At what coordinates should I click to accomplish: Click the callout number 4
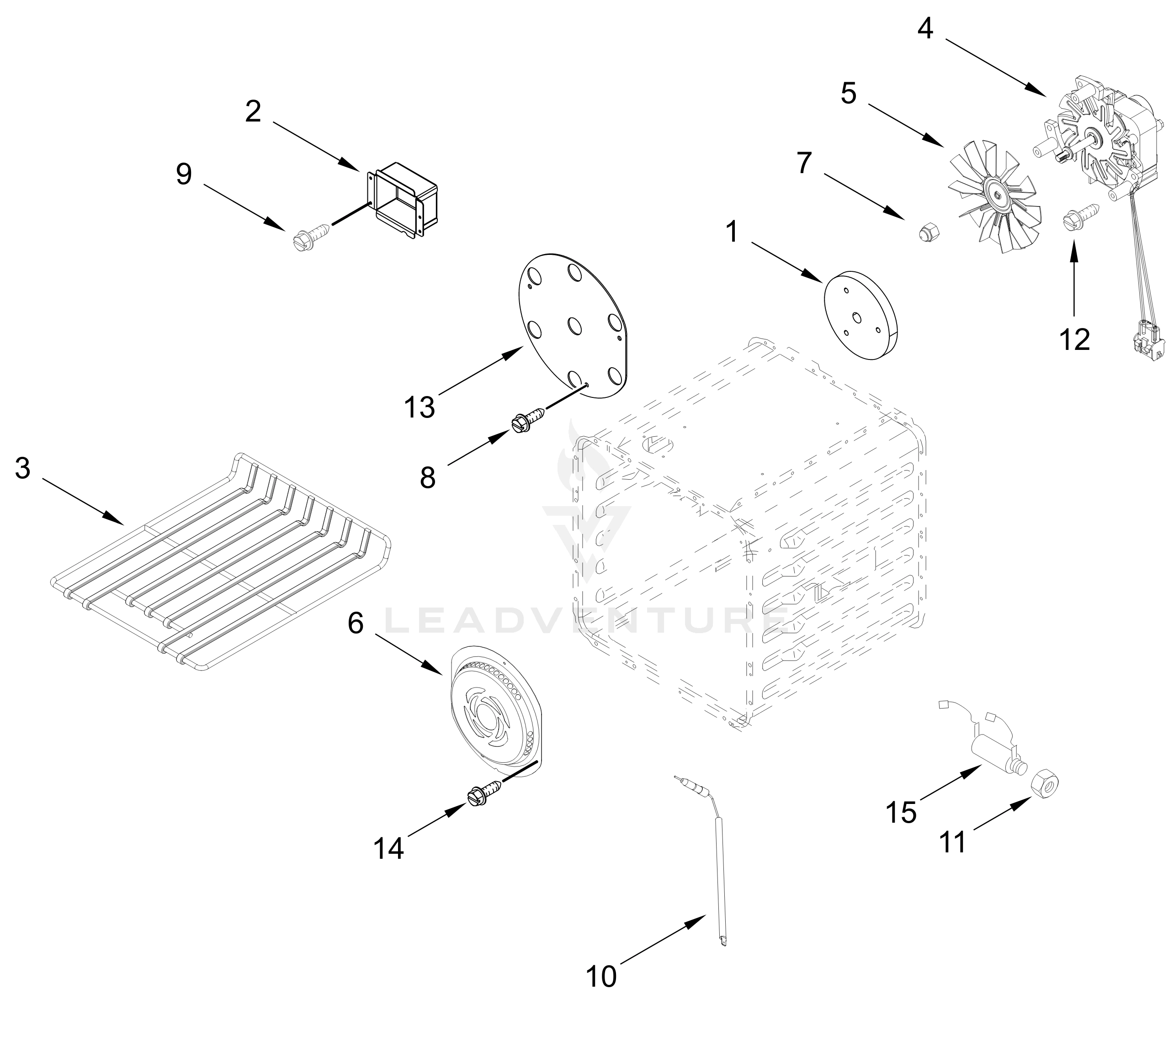(925, 29)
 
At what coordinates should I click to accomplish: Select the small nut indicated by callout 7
(929, 233)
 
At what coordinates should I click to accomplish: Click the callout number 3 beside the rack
(22, 468)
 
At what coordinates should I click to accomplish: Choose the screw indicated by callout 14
(485, 793)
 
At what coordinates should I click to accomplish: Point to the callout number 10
(601, 976)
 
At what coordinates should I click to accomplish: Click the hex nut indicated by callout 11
(1045, 784)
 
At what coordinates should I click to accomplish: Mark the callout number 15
(901, 813)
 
